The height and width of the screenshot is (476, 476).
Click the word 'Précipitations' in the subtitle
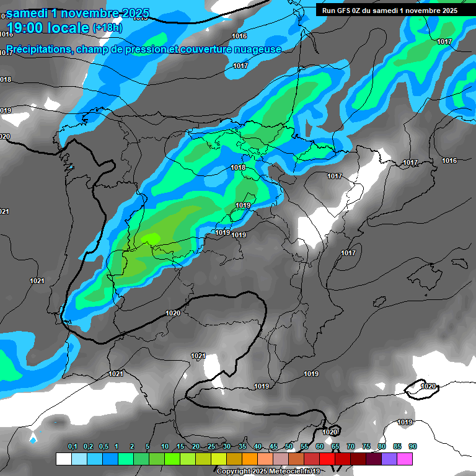pyautogui.click(x=37, y=50)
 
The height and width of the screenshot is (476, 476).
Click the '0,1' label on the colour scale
pyautogui.click(x=73, y=447)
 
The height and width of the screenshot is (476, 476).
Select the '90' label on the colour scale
pyautogui.click(x=413, y=447)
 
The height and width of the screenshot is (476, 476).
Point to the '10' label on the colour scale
pyautogui.click(x=165, y=447)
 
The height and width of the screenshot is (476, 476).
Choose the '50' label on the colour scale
pyautogui.click(x=289, y=447)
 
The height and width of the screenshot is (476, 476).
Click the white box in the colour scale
pyautogui.click(x=63, y=459)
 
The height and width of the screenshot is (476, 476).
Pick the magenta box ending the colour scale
pyautogui.click(x=405, y=459)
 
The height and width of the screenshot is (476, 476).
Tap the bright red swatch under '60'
pyautogui.click(x=327, y=459)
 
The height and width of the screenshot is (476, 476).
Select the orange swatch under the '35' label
pyautogui.click(x=249, y=459)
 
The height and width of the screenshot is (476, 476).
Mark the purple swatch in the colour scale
pyautogui.click(x=389, y=459)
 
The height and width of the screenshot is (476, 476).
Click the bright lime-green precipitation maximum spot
pyautogui.click(x=151, y=238)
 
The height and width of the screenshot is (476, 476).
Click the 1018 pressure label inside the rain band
pyautogui.click(x=237, y=167)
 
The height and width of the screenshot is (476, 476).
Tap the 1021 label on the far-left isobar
pyautogui.click(x=37, y=281)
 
